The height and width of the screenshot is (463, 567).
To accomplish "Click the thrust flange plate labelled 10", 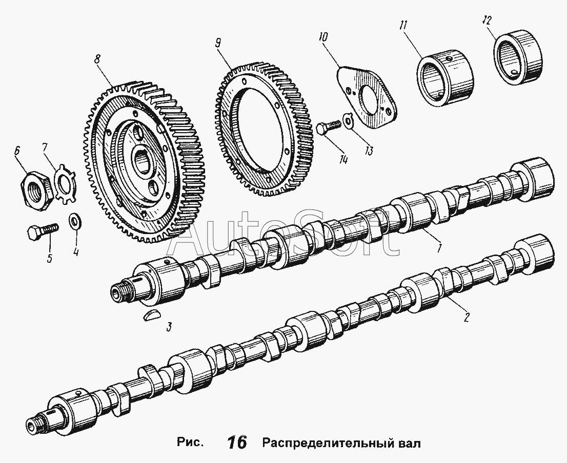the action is tap(367, 96).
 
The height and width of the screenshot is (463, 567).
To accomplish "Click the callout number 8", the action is tap(96, 59).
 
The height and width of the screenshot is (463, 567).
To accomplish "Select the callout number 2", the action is tap(466, 318).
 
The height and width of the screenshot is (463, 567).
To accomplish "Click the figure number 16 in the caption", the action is tap(237, 443).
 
